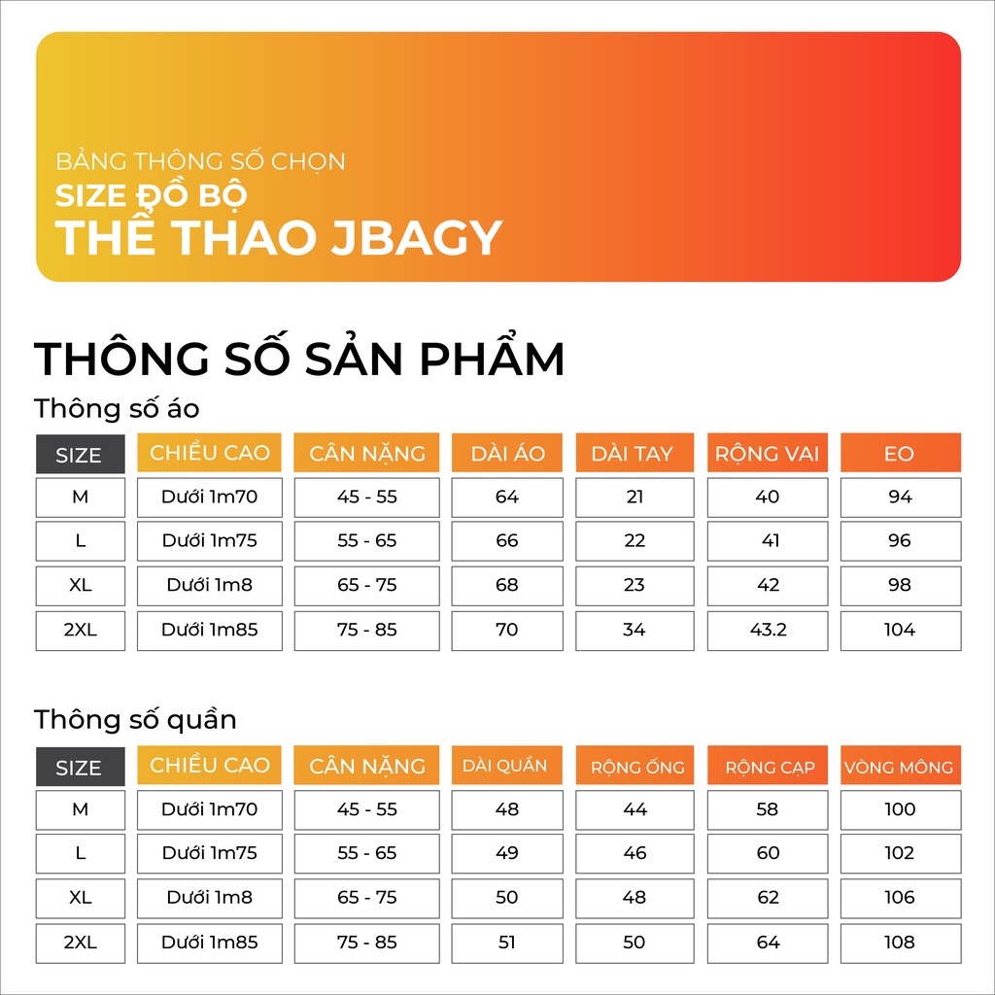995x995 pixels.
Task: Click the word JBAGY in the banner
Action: pos(417,238)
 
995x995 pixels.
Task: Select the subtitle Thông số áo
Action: pos(117,408)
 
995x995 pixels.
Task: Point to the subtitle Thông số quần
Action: pos(135,720)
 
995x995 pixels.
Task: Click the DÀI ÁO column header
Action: pos(507,453)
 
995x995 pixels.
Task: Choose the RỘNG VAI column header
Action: pos(768,453)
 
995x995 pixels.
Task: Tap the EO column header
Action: pos(901,453)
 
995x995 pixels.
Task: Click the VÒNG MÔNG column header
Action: pos(901,766)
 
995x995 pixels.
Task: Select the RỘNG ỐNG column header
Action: pos(635,766)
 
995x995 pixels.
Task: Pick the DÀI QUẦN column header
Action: pos(507,766)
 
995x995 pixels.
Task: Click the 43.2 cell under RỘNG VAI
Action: pos(768,630)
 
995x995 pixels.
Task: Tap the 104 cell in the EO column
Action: pos(901,630)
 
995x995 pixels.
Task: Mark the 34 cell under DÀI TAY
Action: pos(635,630)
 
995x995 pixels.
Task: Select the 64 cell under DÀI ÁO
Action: pos(507,497)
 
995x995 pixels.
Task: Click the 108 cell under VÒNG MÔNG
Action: pos(901,943)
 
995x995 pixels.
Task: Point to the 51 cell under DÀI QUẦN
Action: pos(507,943)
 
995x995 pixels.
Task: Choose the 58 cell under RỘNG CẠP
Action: pos(768,809)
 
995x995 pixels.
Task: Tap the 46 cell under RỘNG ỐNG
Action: pos(635,853)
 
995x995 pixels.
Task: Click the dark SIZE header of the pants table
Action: pos(80,767)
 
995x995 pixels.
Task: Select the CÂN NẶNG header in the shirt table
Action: pos(366,453)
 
